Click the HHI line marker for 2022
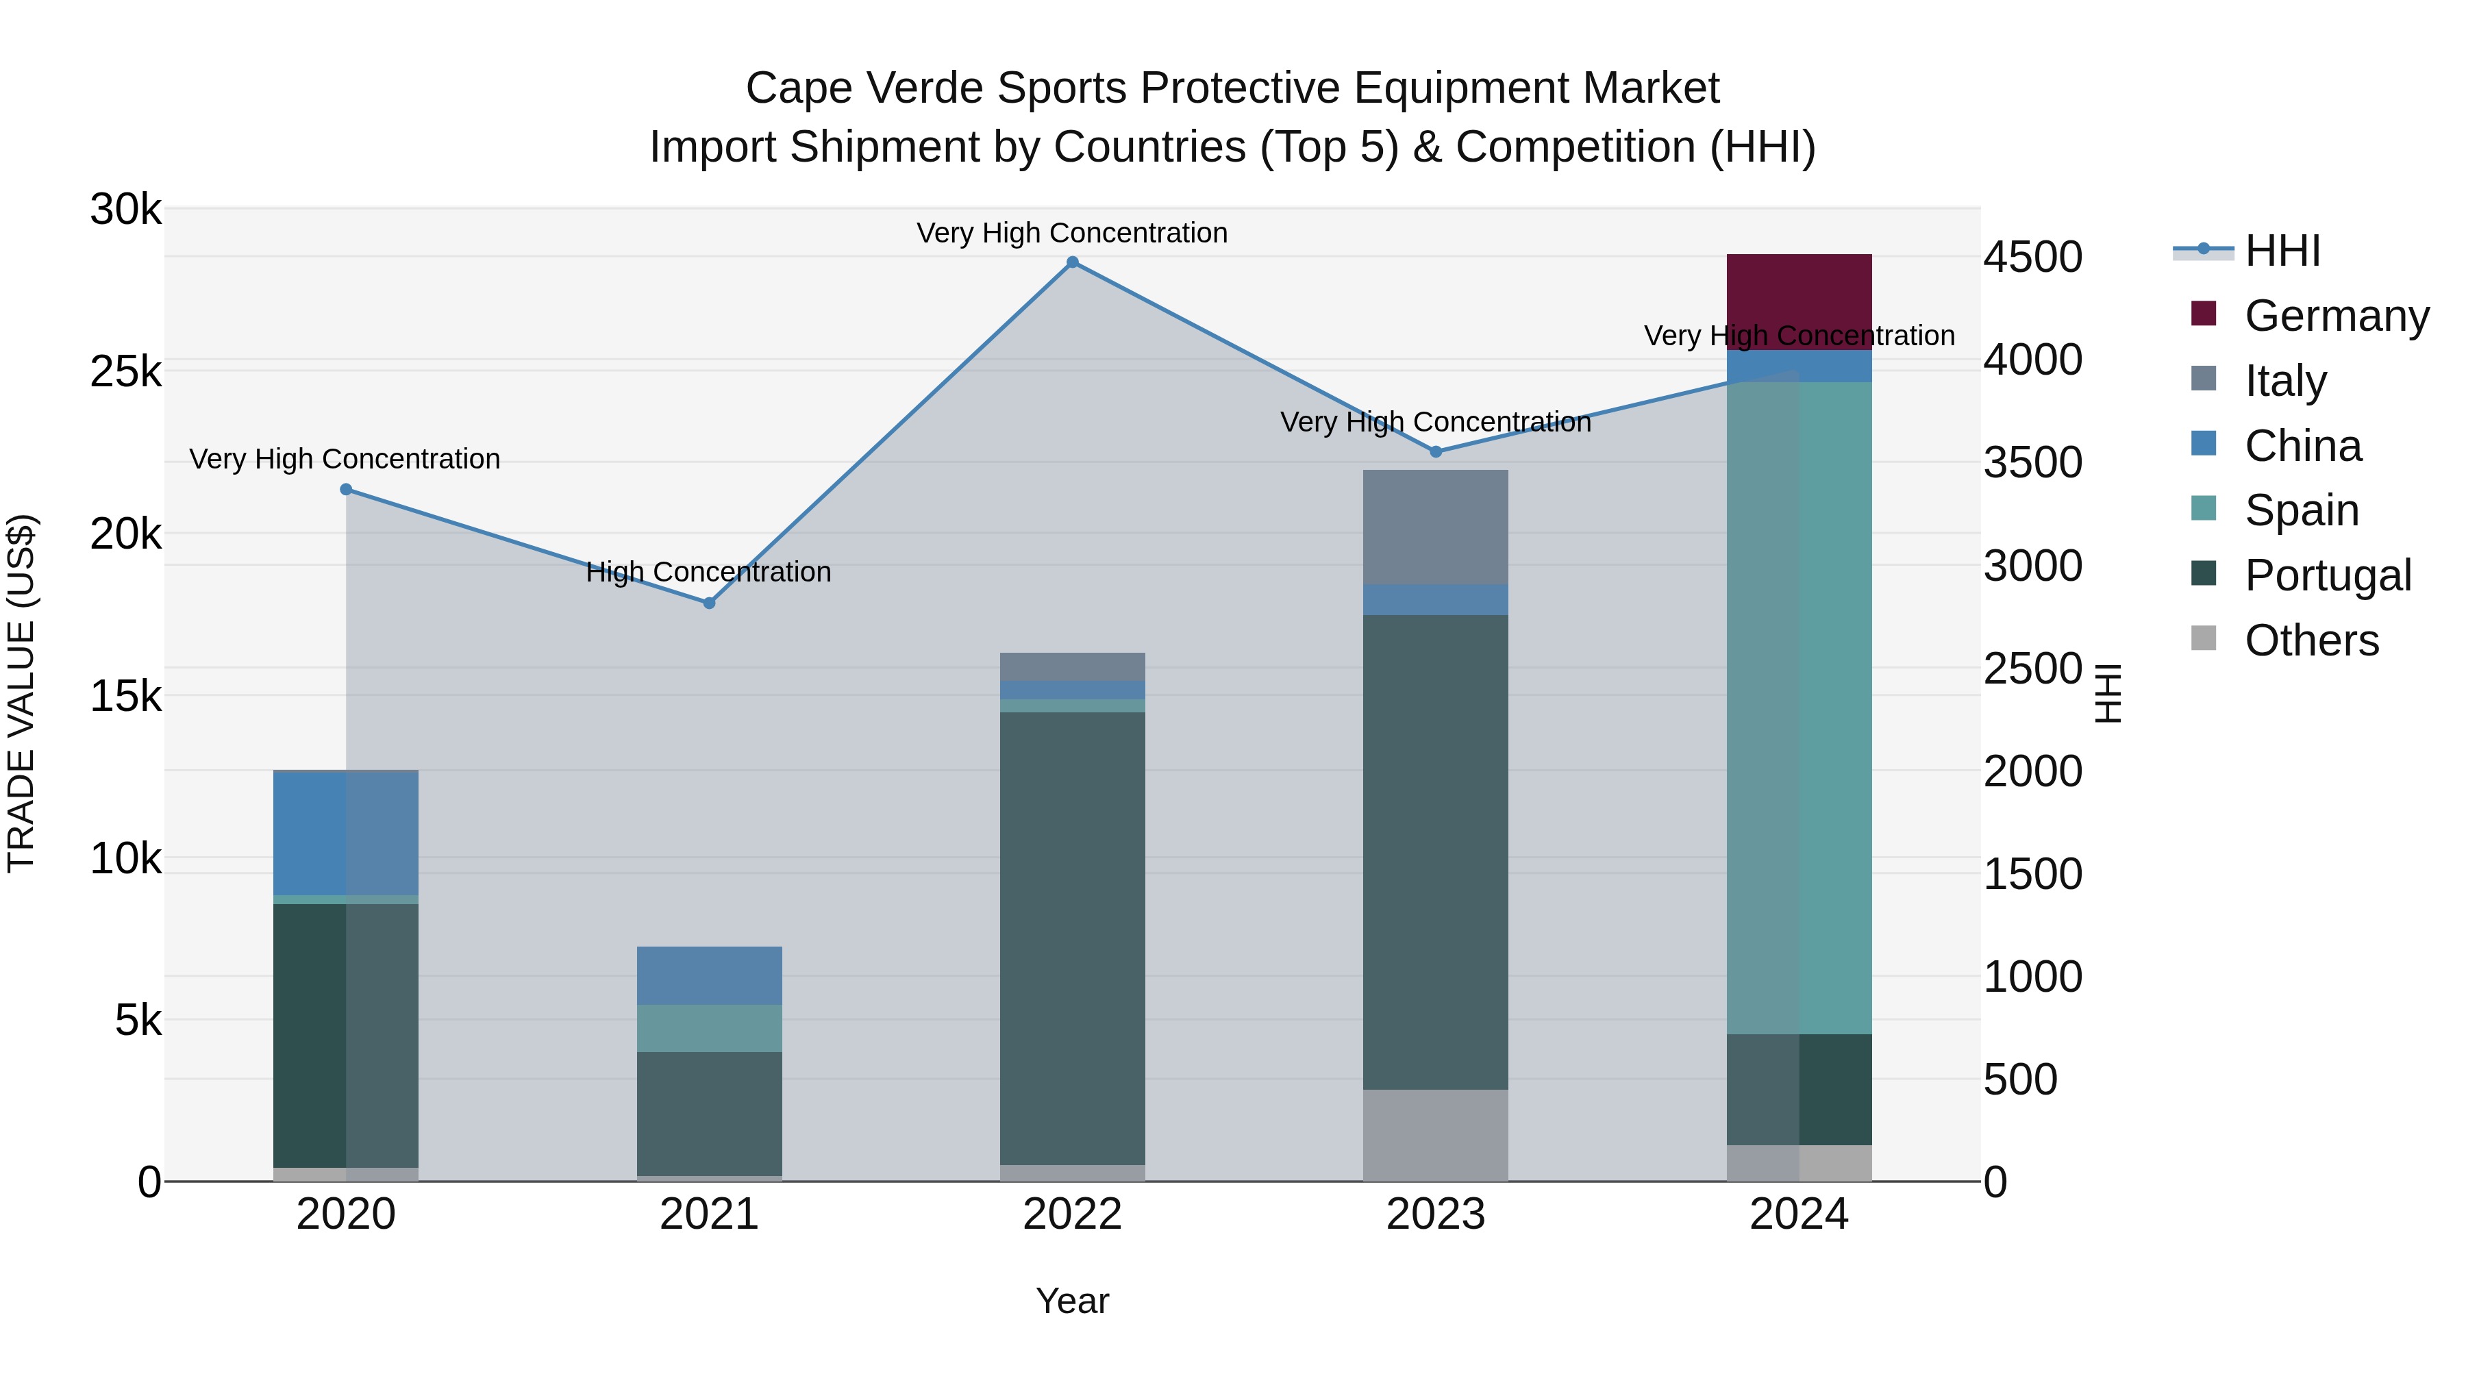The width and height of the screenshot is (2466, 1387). [1072, 262]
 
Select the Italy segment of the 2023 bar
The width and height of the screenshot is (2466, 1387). [1435, 527]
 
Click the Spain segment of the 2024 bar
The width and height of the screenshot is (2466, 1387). [1799, 708]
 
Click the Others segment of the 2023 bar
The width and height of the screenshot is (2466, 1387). [1435, 1135]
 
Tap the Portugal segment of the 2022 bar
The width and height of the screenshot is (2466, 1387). [1072, 938]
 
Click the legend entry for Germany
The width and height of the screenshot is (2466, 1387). [2336, 316]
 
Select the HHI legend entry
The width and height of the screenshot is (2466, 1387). [2282, 251]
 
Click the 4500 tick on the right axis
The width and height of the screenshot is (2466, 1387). [2032, 257]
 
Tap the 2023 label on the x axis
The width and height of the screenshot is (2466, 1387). [1435, 1214]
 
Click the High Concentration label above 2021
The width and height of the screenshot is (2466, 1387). [708, 573]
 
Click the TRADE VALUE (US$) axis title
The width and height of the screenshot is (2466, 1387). [21, 693]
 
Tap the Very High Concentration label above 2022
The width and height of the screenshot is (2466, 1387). [1072, 234]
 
